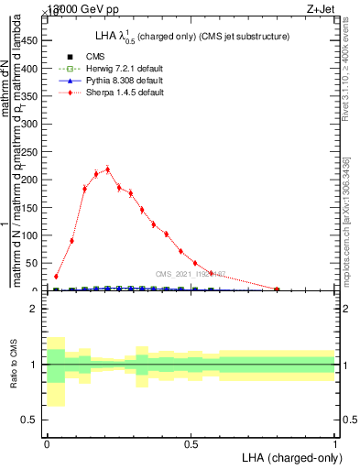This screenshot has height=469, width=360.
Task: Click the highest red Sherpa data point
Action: pos(108,169)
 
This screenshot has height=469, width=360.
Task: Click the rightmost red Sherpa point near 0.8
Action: pos(277,289)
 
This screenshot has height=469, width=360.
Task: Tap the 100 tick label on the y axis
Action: pos(31,235)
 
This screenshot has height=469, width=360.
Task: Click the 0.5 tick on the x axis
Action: pos(191,444)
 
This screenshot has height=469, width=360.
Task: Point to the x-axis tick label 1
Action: pos(335,444)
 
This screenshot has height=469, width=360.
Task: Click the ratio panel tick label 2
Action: pos(35,309)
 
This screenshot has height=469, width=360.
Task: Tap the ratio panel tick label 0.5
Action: pos(31,420)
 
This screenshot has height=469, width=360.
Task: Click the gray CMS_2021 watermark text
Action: pos(188,273)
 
